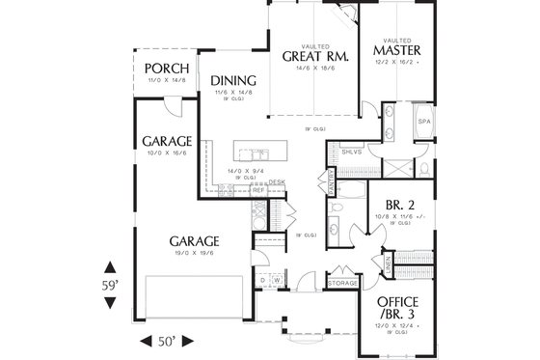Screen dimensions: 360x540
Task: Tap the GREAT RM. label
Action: [x=309, y=55]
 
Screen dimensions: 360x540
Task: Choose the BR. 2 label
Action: [x=399, y=205]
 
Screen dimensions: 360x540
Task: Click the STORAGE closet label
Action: [x=343, y=282]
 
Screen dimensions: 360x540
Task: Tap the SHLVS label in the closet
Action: [x=350, y=151]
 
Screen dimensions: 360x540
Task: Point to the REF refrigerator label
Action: [x=258, y=190]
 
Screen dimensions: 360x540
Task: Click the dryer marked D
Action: [x=262, y=281]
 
